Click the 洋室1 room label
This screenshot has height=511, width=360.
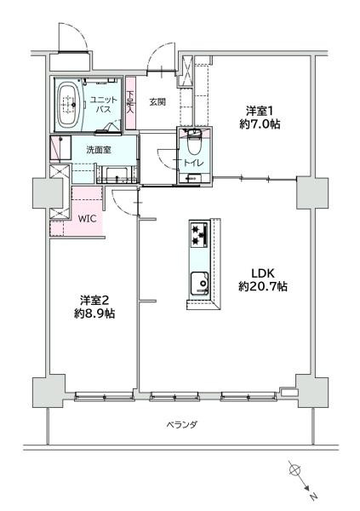(259, 111)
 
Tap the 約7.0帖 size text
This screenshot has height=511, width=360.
(259, 124)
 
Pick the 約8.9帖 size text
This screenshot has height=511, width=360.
(94, 313)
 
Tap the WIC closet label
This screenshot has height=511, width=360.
(88, 218)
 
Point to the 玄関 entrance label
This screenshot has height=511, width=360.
(157, 102)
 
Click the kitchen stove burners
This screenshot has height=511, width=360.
(199, 233)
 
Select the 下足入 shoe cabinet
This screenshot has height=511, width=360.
(130, 104)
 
